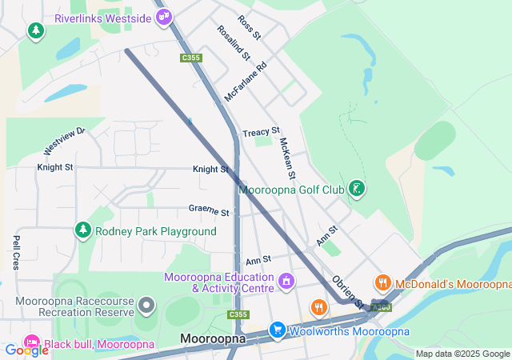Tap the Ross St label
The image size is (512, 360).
[249, 27]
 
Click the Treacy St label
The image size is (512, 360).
[262, 131]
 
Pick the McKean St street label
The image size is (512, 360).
[287, 158]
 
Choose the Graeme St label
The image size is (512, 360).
[209, 211]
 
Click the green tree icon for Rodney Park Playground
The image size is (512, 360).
[82, 231]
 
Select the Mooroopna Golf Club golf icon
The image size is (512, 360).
[357, 189]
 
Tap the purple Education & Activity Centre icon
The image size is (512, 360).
[286, 282]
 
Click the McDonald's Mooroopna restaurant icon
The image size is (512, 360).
[383, 283]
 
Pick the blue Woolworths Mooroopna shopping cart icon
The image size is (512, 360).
[277, 330]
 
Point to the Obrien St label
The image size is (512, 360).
[349, 292]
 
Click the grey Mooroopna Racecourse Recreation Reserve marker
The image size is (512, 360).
[146, 305]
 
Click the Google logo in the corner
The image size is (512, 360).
[26, 350]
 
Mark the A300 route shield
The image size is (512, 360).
[382, 306]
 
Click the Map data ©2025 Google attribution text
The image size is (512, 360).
[462, 354]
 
